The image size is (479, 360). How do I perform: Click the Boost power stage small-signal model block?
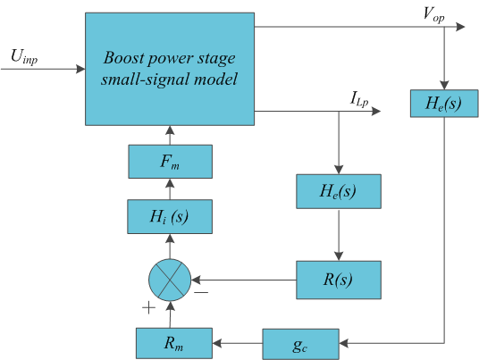tap(170, 68)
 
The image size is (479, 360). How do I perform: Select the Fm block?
tap(170, 163)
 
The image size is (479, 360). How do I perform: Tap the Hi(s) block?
tap(170, 215)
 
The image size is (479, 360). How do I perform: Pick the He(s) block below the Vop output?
tap(443, 102)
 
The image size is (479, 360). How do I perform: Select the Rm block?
tap(173, 340)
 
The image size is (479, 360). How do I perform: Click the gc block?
tap(301, 340)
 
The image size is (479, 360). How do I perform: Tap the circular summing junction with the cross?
tap(170, 279)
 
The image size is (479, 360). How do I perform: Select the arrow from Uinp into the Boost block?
tap(45, 67)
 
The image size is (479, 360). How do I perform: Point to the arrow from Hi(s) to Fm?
tap(170, 188)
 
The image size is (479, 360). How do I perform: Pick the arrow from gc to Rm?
tap(237, 340)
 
